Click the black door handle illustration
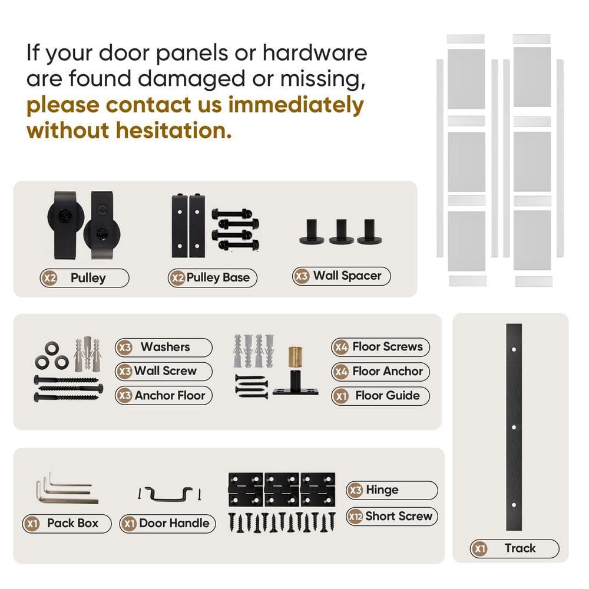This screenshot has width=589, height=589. [x=169, y=494]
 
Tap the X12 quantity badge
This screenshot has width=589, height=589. [x=355, y=517]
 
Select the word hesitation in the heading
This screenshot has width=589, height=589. [x=174, y=130]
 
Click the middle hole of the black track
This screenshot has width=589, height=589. [x=514, y=426]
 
